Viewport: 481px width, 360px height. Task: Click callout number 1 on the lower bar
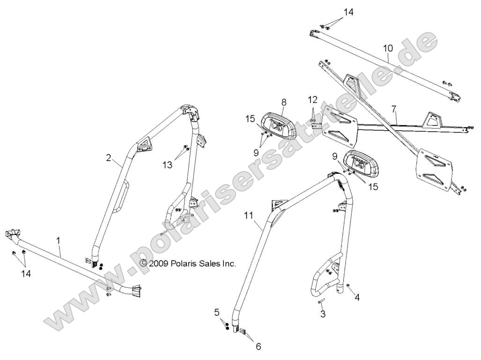click(59, 240)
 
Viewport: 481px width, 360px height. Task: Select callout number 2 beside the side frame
click(109, 158)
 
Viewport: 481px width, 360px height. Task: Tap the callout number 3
click(323, 314)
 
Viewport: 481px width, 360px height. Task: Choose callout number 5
click(217, 312)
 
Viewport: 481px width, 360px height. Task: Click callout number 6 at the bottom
click(259, 346)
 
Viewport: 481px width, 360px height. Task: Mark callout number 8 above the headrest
click(284, 102)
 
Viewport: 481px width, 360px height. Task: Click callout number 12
click(312, 99)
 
